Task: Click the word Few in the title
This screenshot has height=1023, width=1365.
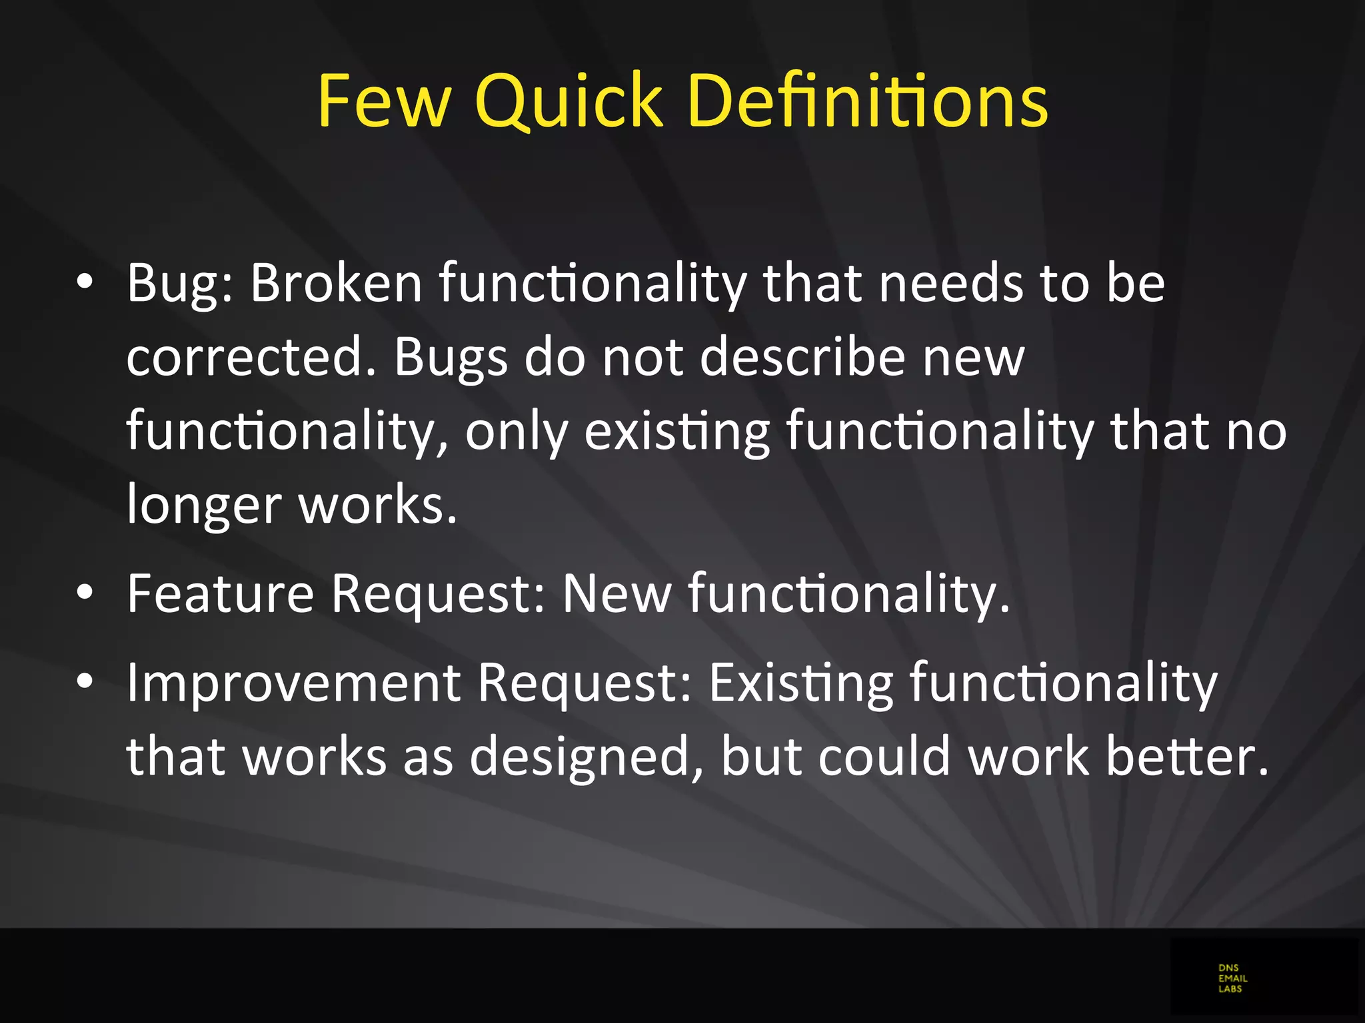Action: pos(384,101)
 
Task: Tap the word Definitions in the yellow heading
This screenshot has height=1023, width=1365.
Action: pos(867,101)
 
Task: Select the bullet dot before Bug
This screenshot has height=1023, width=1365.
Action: pos(84,282)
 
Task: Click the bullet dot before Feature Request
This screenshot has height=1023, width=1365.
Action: pos(84,593)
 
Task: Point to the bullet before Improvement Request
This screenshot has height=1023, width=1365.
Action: pos(84,682)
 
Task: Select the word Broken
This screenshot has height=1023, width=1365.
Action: pos(336,282)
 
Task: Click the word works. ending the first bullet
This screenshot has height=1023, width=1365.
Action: pos(377,505)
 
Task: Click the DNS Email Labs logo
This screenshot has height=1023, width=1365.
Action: pos(1232,978)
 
